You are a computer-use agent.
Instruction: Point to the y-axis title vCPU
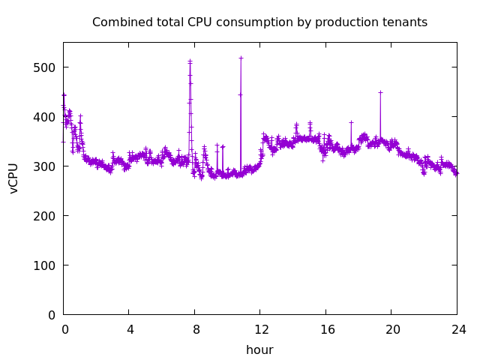click(x=13, y=178)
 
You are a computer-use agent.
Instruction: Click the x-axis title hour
click(x=259, y=350)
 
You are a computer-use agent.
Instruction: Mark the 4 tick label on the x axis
click(x=129, y=329)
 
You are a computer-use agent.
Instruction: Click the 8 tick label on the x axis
click(x=195, y=329)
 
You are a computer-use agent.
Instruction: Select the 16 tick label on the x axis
click(x=326, y=329)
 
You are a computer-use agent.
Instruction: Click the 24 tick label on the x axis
click(x=457, y=329)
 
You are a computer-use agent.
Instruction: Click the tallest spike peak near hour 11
click(x=241, y=58)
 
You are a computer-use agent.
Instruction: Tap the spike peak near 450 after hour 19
click(x=380, y=92)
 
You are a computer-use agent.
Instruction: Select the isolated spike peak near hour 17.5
click(x=351, y=122)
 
